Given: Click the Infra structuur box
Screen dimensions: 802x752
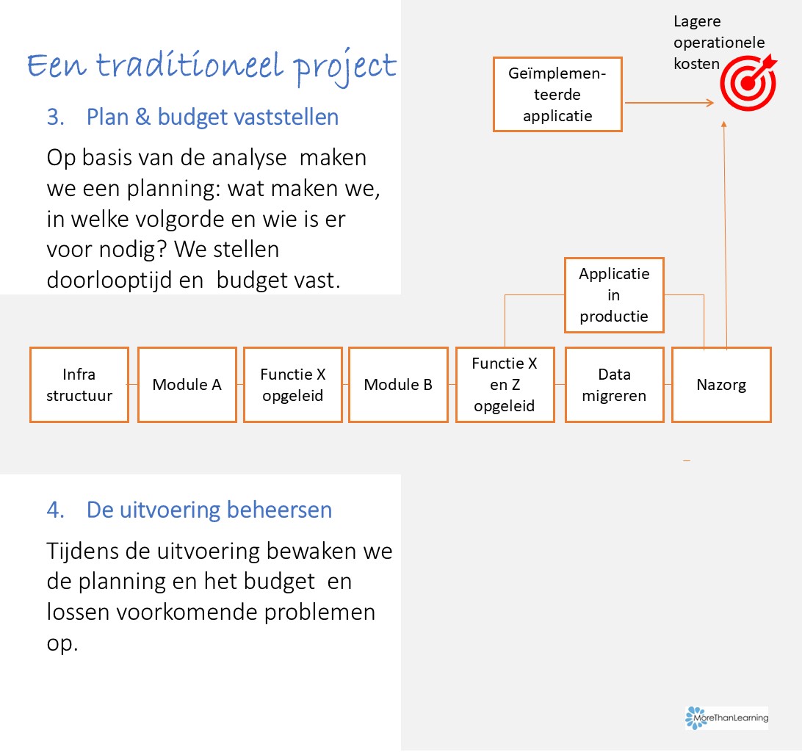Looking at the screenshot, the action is [x=79, y=385].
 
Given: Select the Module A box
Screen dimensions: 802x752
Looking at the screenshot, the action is [x=187, y=385].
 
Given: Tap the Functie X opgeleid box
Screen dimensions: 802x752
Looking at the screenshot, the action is [x=293, y=385].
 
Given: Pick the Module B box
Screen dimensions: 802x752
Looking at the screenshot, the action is [x=399, y=385].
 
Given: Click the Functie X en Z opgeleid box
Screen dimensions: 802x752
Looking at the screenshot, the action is [x=505, y=385].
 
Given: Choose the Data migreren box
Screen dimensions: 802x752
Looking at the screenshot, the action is [x=615, y=385].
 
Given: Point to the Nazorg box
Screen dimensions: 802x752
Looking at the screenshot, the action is [x=722, y=385].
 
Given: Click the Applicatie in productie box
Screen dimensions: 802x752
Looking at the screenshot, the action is [x=614, y=295].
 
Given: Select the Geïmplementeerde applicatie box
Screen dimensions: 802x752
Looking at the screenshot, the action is [x=557, y=95].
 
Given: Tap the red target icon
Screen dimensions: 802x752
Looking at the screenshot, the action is [x=748, y=83].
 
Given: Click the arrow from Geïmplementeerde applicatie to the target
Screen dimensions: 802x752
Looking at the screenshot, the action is [x=669, y=103].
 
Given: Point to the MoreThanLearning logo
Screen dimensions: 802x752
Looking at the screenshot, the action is [x=727, y=717].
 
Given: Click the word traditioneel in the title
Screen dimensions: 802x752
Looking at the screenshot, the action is [x=189, y=65].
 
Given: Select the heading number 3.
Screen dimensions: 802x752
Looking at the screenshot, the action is [x=55, y=117].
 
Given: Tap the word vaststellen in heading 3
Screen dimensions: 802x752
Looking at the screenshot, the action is [x=286, y=117].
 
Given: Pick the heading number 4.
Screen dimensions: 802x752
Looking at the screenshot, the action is [x=55, y=510].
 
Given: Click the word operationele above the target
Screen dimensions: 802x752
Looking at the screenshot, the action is [x=719, y=43].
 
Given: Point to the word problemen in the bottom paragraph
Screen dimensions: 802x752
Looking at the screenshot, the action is [x=319, y=612].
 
